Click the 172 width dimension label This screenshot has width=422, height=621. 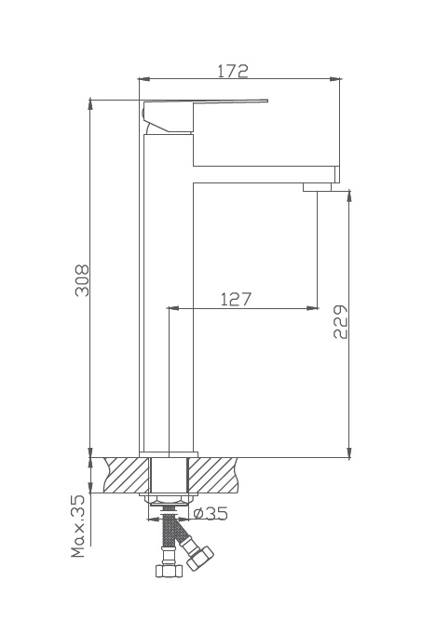tap(233, 71)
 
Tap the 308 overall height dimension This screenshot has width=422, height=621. tap(82, 280)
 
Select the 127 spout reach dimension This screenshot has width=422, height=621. tap(236, 299)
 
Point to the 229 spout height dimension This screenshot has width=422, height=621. tap(340, 321)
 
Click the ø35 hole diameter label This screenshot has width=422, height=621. tap(211, 514)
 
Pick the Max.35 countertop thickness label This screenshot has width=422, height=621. tap(78, 526)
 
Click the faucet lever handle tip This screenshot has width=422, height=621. tap(267, 101)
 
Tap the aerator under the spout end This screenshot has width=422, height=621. tap(317, 187)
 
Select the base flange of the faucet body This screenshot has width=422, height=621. tap(169, 454)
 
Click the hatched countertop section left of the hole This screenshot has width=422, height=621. tap(127, 475)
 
